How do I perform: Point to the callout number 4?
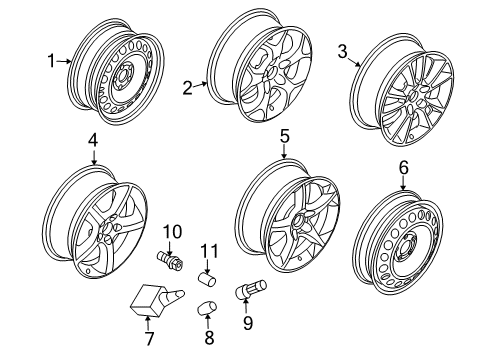92,141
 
